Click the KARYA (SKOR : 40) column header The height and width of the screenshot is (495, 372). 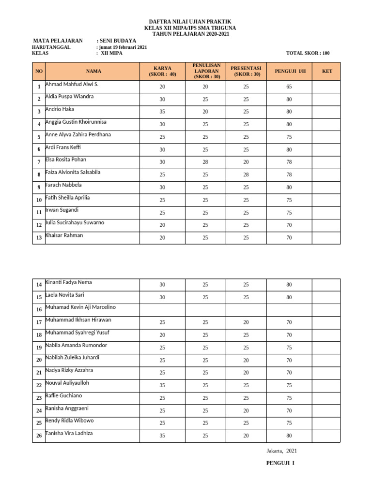[162, 71]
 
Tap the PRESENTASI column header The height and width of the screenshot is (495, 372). [246, 71]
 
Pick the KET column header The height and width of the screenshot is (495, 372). [327, 72]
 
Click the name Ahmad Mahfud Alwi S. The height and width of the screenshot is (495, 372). [72, 84]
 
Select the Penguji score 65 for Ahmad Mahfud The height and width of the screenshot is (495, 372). [289, 87]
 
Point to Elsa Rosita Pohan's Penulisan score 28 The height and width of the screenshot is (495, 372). [205, 162]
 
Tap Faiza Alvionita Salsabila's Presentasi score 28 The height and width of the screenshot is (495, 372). [246, 175]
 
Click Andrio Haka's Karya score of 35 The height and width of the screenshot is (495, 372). [162, 112]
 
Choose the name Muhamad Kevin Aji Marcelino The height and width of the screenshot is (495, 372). [80, 307]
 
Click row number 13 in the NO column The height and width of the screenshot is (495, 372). [39, 238]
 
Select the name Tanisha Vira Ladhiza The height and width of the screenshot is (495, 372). [69, 433]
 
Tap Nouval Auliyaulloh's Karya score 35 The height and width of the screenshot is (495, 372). [162, 386]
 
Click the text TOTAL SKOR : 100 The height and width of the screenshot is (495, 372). [308, 54]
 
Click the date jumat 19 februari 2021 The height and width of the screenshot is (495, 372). [122, 47]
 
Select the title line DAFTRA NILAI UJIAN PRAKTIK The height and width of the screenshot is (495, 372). [189, 22]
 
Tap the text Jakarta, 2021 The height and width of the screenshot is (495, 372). [281, 451]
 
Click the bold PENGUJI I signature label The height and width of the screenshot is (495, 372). [280, 464]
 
